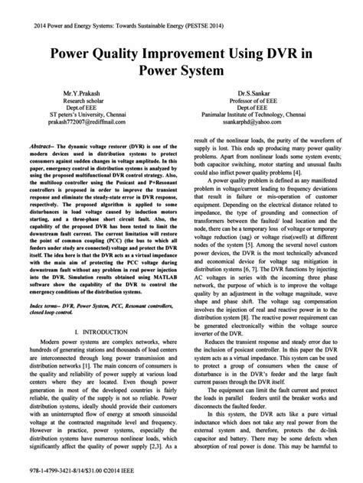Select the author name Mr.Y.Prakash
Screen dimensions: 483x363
(74, 91)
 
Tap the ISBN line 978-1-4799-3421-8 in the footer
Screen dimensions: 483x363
(57, 471)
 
